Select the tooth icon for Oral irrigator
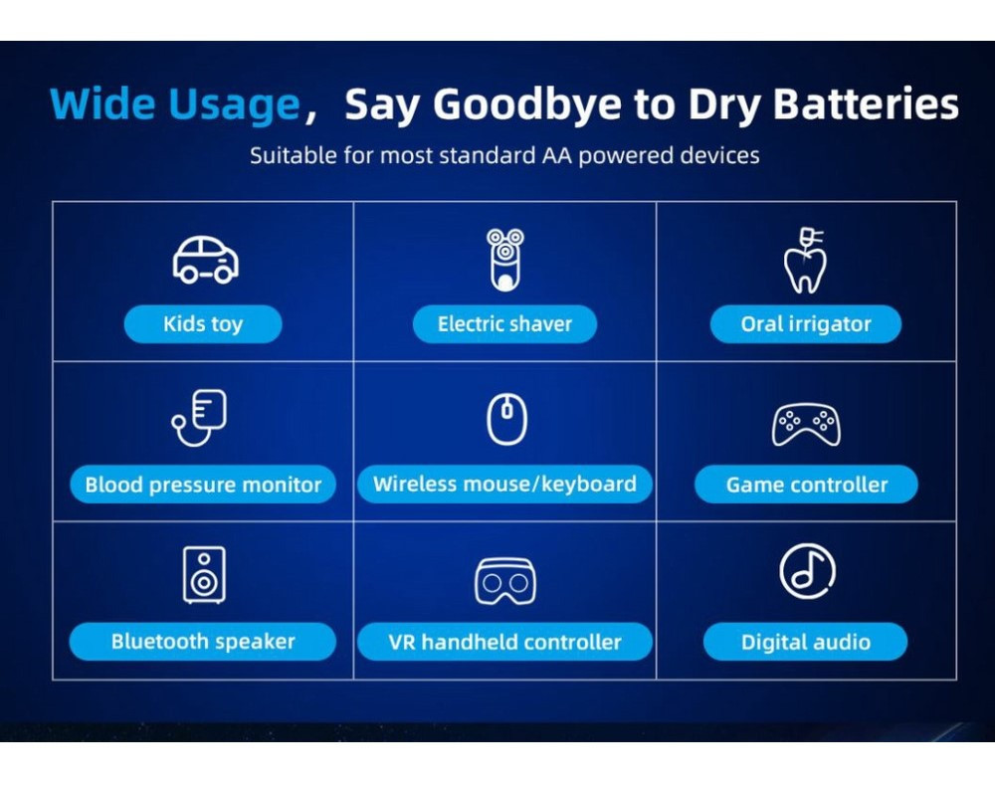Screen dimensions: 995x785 (805, 261)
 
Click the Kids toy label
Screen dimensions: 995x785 (203, 324)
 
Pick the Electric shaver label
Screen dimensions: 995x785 (504, 324)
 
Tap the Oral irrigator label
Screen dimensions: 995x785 (806, 324)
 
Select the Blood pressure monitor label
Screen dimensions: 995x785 (203, 485)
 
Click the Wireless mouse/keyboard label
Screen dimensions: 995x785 (504, 485)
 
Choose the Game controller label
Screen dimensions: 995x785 (807, 485)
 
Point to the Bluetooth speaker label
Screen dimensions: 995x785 (203, 642)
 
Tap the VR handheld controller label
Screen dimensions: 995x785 (504, 642)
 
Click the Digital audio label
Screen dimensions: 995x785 (806, 642)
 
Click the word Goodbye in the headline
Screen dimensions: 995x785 (527, 104)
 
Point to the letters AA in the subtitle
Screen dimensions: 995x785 (557, 155)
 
